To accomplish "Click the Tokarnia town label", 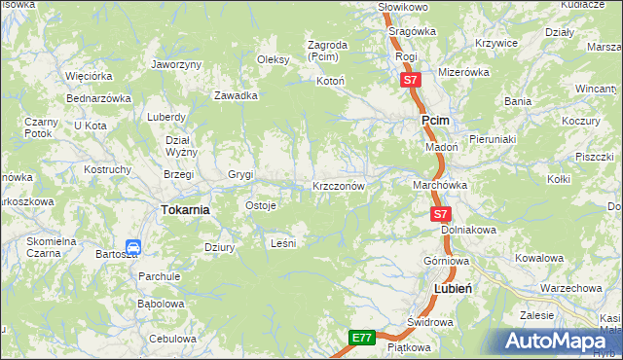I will click(185, 210).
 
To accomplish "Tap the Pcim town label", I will click(434, 120).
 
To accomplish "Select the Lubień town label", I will click(453, 289).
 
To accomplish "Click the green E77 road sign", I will click(362, 338).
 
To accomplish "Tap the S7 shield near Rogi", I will click(411, 82).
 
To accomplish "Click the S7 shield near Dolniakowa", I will click(441, 214).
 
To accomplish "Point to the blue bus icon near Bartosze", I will click(134, 248).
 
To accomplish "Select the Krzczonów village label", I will click(338, 185).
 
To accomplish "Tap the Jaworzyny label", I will click(176, 64).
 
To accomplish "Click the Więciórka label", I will click(90, 75).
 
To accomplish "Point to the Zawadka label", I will click(236, 95).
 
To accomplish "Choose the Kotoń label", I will click(331, 81).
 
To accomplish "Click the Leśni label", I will click(282, 243).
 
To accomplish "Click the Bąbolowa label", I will click(161, 303).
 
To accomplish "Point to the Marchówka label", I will click(441, 185).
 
